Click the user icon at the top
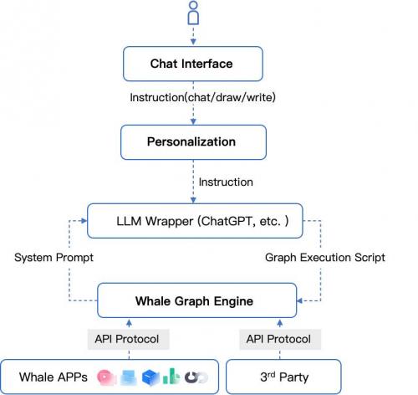pos(193,13)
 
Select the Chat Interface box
pos(193,64)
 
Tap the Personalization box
pos(193,142)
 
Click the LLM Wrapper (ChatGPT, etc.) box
pos(195,221)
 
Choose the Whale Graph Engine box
pos(196,300)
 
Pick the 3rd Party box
pos(283,377)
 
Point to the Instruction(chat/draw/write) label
pos(202,97)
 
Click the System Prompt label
pos(54,257)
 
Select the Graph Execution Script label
pos(325,257)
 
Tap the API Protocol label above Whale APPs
pos(127,339)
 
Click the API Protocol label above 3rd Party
pos(278,339)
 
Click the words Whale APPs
pos(54,377)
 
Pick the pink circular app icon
pos(106,377)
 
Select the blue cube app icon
pos(150,377)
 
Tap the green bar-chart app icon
pos(171,377)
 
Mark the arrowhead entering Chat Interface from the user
pos(193,42)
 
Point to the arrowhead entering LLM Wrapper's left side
pos(84,221)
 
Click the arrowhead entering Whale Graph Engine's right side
pos(300,300)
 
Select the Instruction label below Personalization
pos(226,182)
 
